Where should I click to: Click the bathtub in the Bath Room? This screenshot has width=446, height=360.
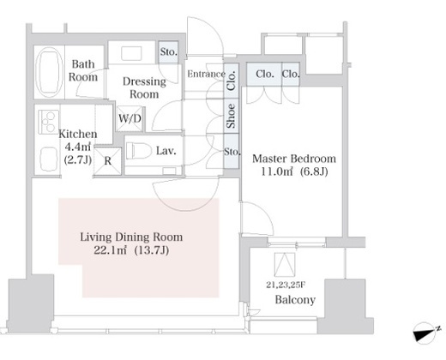click(x=51, y=71)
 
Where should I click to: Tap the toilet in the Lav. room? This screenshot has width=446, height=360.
click(x=139, y=151)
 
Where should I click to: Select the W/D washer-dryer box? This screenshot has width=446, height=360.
click(x=130, y=118)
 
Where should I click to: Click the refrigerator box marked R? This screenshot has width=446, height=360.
click(x=108, y=161)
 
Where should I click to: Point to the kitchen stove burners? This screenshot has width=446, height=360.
click(x=48, y=122)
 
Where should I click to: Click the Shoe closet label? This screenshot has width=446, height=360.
click(x=231, y=116)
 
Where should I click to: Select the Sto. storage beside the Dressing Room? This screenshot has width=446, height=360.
click(x=168, y=52)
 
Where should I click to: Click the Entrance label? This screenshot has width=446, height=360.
click(x=206, y=74)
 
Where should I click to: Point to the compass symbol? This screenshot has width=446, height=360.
click(x=425, y=332)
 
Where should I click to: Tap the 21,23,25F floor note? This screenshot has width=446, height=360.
click(x=286, y=285)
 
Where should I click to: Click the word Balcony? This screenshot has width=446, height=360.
click(x=295, y=300)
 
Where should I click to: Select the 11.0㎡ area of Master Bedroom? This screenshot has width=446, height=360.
click(x=276, y=171)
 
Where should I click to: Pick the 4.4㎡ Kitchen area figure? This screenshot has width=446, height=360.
click(x=78, y=147)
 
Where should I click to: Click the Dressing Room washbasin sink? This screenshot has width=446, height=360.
click(x=131, y=53)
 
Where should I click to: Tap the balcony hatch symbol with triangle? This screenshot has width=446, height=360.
click(x=285, y=265)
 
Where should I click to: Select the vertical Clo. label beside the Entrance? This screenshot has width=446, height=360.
click(x=231, y=81)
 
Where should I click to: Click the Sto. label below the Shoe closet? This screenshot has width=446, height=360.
click(x=232, y=152)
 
